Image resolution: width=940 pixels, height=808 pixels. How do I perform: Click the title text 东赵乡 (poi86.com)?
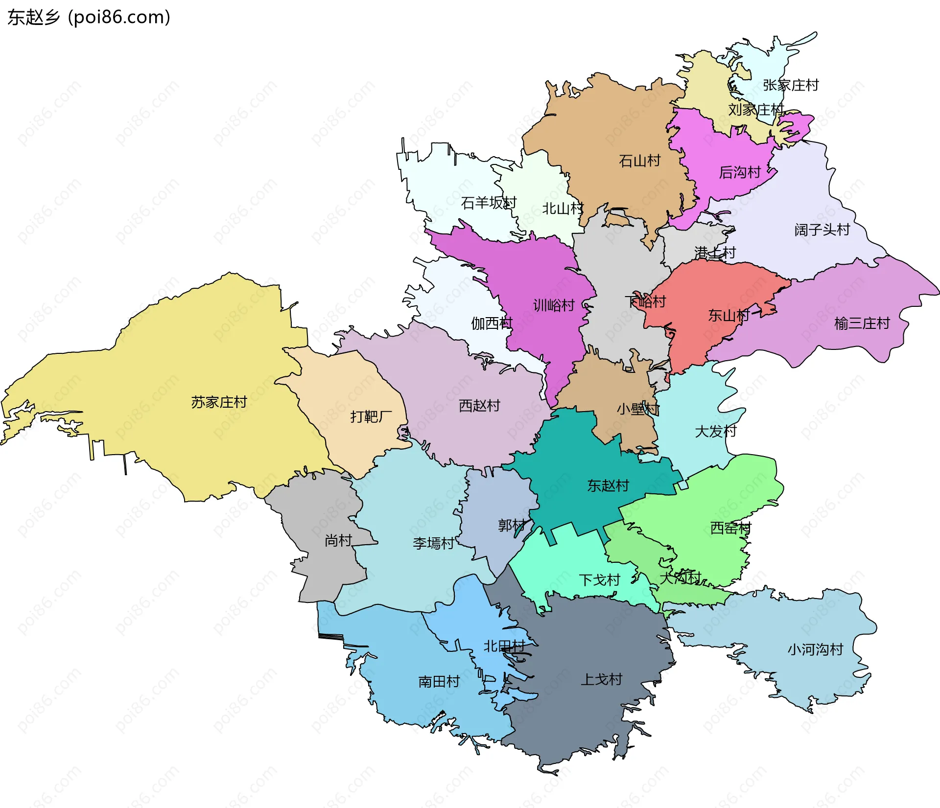(89, 17)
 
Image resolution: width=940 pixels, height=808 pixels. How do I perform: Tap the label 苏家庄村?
(219, 402)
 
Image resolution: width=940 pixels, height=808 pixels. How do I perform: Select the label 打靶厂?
(371, 416)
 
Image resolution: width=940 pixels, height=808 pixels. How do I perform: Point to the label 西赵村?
(479, 406)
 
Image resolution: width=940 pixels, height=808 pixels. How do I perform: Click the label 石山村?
(639, 161)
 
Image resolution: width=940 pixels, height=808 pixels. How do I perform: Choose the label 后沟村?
(740, 172)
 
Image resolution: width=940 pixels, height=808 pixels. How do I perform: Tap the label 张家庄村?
(791, 85)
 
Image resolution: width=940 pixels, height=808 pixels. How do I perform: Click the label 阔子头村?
(822, 230)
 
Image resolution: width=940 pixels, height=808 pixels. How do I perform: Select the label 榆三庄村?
(862, 323)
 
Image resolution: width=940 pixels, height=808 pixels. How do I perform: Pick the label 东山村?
(728, 316)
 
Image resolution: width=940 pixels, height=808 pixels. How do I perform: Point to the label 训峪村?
(554, 305)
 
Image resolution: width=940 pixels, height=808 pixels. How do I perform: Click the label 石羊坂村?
(489, 203)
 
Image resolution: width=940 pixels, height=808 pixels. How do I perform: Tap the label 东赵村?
(608, 485)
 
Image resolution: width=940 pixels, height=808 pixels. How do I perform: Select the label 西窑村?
(730, 528)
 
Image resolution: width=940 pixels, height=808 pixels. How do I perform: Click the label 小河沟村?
(815, 649)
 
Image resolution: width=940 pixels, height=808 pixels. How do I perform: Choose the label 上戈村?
(601, 679)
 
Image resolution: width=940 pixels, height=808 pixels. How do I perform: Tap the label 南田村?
(439, 681)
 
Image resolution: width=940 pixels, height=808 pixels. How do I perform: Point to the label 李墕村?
(433, 543)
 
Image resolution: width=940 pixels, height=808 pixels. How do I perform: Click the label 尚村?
(338, 540)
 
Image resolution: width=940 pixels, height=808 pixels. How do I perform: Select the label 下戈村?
(599, 580)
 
